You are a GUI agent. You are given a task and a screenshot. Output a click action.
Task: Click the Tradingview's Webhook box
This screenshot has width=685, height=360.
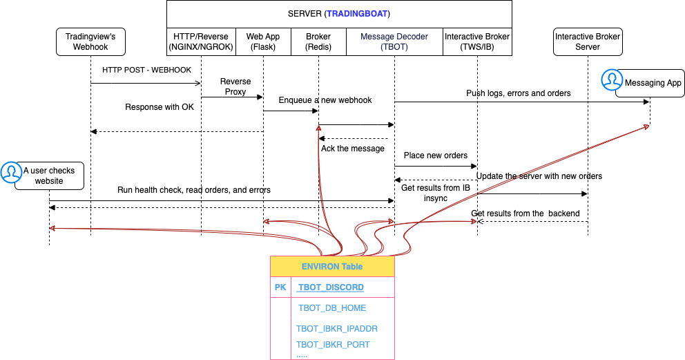click(x=90, y=41)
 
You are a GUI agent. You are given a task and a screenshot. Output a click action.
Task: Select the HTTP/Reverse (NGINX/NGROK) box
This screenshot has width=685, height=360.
click(x=201, y=41)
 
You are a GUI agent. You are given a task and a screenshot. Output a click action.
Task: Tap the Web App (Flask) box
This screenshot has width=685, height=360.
click(x=263, y=41)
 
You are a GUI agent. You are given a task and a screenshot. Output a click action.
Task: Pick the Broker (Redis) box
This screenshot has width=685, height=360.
click(x=318, y=41)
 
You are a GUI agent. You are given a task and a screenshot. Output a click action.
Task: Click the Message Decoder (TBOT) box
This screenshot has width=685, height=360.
click(x=394, y=41)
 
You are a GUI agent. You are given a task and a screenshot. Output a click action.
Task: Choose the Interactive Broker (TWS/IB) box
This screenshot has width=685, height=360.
click(x=477, y=41)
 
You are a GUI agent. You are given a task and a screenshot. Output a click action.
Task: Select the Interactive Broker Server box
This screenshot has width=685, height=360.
click(x=588, y=41)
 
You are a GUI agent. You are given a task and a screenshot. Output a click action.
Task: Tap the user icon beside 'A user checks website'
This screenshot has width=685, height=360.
click(x=11, y=173)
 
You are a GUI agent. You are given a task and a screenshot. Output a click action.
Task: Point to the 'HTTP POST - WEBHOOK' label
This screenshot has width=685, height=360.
click(x=146, y=70)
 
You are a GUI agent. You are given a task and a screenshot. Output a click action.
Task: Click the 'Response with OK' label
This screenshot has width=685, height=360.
click(x=160, y=107)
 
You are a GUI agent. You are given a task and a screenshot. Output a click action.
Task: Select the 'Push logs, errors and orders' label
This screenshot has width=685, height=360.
click(x=519, y=93)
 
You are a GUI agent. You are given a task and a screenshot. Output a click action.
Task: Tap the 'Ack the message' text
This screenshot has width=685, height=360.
click(x=352, y=148)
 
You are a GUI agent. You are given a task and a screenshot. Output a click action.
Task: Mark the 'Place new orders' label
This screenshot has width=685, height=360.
click(x=435, y=155)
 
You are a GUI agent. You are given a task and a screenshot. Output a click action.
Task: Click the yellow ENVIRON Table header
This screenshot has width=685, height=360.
click(x=331, y=266)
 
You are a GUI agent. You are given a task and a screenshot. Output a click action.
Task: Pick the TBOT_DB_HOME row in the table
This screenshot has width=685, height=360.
click(x=332, y=308)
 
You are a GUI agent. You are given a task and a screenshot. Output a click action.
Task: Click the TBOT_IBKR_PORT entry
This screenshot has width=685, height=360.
click(x=333, y=344)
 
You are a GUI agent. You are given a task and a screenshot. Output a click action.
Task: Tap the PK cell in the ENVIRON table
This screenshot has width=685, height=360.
click(x=280, y=287)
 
